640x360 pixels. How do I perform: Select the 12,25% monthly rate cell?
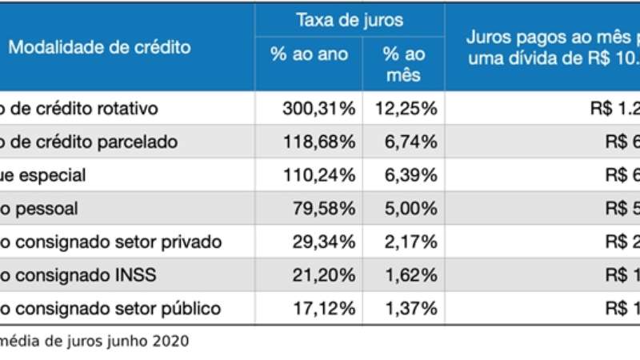pos(409,108)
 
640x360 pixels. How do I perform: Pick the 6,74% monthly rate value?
pos(409,142)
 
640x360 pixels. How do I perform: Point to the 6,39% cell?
pos(409,174)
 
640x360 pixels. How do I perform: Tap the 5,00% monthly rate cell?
pos(409,208)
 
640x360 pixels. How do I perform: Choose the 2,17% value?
pos(409,242)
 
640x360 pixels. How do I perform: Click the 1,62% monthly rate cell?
pos(409,275)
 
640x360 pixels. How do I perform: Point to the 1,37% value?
pos(409,308)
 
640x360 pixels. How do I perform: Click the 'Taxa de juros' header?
pos(350,20)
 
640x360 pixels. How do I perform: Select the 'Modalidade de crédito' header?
pos(100,47)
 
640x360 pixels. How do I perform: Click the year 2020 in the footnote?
pos(172,342)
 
